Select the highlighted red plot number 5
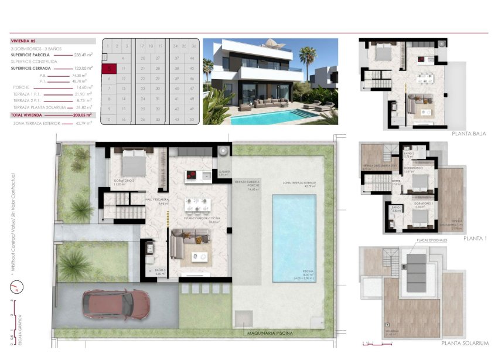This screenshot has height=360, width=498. click(109, 68)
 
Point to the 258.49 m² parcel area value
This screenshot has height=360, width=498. click(83, 55)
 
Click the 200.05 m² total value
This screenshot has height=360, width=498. click(83, 116)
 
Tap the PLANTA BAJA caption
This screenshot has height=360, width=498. click(469, 134)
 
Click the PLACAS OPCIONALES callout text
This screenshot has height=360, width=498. click(431, 241)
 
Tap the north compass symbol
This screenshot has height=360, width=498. click(16, 287)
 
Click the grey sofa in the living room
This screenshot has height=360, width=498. click(189, 240)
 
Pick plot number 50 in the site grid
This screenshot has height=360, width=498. click(192, 119)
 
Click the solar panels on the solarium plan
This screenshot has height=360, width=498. click(417, 272)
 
